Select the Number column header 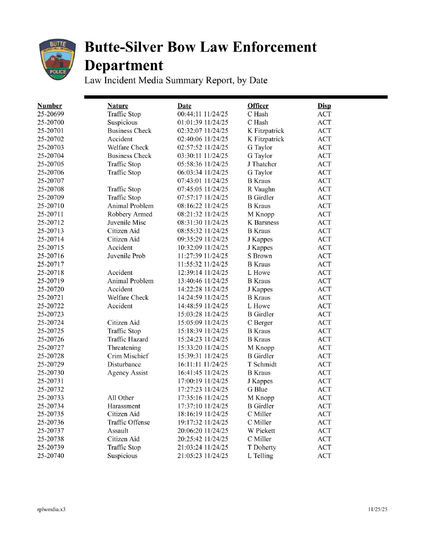click(x=50, y=106)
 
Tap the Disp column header click(x=324, y=106)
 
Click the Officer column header click(x=258, y=106)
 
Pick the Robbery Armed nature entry click(x=130, y=214)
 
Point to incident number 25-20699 click(x=51, y=114)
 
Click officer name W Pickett click(x=261, y=431)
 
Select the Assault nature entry click(x=118, y=431)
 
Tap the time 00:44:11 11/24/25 click(x=203, y=114)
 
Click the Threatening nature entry click(x=124, y=348)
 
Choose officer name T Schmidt click(x=262, y=364)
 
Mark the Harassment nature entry click(x=124, y=406)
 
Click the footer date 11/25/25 click(x=378, y=510)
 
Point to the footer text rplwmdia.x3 click(x=51, y=510)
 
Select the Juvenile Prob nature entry click(x=126, y=256)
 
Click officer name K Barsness click(x=263, y=223)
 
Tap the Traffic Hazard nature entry click(x=127, y=339)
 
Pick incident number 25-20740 click(x=51, y=456)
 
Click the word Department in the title click(x=124, y=66)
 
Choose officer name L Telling click(x=260, y=456)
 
